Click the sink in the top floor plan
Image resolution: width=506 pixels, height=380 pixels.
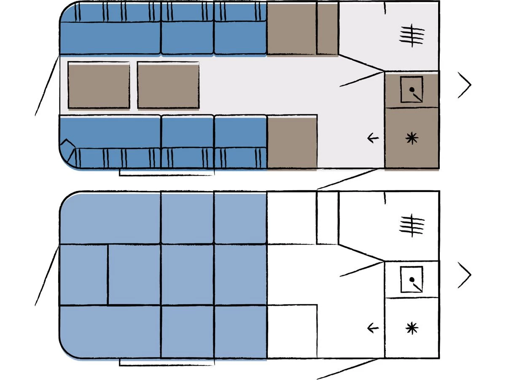(x=412, y=89)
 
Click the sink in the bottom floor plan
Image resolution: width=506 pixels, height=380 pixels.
(x=412, y=279)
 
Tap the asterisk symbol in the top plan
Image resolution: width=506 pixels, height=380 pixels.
(x=412, y=138)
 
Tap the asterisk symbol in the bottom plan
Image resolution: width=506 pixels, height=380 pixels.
(x=412, y=328)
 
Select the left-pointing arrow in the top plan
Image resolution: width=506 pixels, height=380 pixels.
(x=373, y=138)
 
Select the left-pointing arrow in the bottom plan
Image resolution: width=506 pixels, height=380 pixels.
(x=373, y=328)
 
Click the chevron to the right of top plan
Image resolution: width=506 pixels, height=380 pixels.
(x=465, y=85)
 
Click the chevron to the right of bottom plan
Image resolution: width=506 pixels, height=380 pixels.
(x=465, y=275)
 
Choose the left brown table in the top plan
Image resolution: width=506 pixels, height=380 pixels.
(x=99, y=86)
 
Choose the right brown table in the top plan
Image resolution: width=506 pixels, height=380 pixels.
(x=168, y=86)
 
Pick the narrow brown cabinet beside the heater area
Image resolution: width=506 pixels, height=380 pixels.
(x=327, y=28)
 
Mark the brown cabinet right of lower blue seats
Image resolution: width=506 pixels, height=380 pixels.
(x=292, y=143)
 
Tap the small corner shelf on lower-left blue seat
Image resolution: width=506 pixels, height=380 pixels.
(x=67, y=149)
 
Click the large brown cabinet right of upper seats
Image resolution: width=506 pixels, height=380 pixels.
(x=292, y=28)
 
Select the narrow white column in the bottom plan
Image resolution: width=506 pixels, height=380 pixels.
(x=327, y=217)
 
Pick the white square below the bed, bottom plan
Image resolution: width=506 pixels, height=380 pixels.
(x=292, y=331)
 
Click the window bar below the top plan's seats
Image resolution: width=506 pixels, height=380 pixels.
(x=167, y=172)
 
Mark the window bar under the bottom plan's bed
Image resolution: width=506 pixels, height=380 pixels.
(x=167, y=362)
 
